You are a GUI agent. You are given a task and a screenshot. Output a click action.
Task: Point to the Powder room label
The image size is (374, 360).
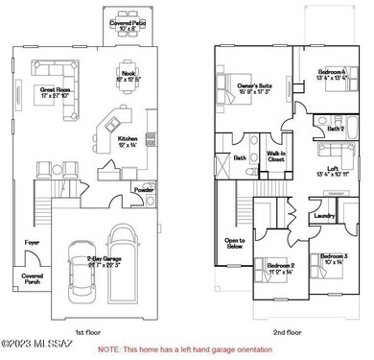(x=144, y=189)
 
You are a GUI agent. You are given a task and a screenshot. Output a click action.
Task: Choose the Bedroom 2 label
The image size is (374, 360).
(x=281, y=268)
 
